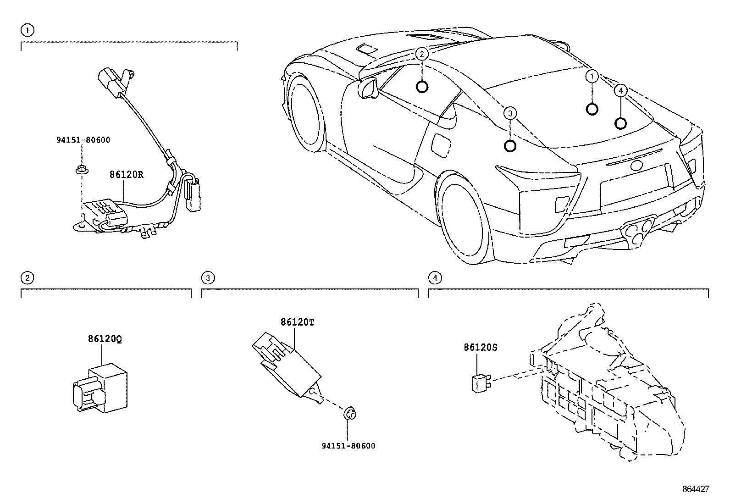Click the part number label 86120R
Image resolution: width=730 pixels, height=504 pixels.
pyautogui.click(x=126, y=175)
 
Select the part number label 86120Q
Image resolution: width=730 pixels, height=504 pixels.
pyautogui.click(x=105, y=339)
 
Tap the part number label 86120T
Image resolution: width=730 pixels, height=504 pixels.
pyautogui.click(x=298, y=322)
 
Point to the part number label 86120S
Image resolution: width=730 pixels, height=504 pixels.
pyautogui.click(x=480, y=348)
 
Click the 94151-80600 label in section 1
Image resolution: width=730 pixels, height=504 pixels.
pyautogui.click(x=83, y=140)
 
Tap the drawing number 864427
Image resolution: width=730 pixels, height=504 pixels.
pyautogui.click(x=695, y=489)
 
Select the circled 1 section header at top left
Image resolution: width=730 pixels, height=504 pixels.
pyautogui.click(x=27, y=30)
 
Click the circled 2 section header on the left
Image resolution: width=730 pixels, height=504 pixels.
pyautogui.click(x=27, y=278)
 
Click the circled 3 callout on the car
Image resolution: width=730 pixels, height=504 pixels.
pyautogui.click(x=510, y=113)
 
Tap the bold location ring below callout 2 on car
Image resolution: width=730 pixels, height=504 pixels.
pyautogui.click(x=422, y=86)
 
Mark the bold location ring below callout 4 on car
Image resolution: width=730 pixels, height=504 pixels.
pyautogui.click(x=620, y=123)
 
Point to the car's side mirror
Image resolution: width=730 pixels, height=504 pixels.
pyautogui.click(x=367, y=88)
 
